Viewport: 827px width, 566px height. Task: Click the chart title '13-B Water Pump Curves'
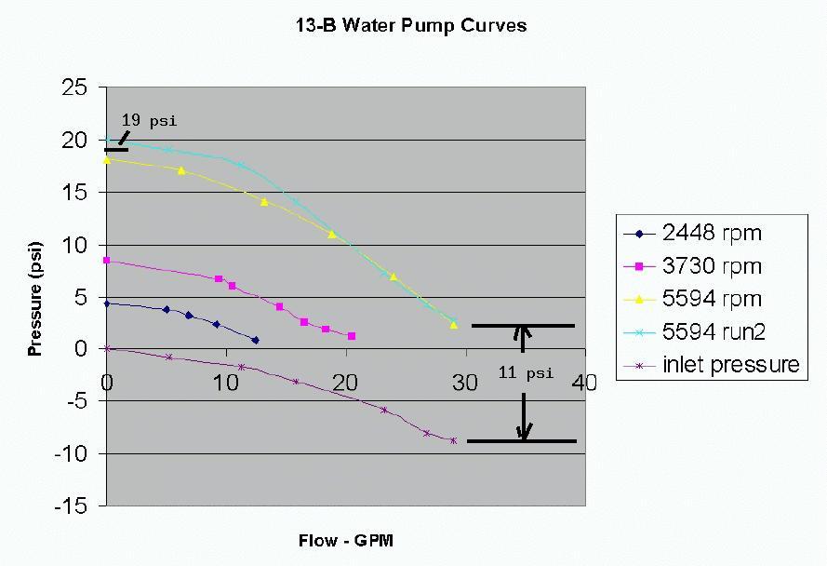410,25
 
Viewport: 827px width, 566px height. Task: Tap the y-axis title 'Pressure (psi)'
35,296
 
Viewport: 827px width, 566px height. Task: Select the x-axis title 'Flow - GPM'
346,541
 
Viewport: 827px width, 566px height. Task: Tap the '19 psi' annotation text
149,121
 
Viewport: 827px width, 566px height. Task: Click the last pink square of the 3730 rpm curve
352,336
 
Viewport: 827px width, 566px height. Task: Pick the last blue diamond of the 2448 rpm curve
256,341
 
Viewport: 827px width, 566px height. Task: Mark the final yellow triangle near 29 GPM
454,325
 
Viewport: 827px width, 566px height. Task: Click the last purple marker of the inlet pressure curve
454,440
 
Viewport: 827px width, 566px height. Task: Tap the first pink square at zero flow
107,261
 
